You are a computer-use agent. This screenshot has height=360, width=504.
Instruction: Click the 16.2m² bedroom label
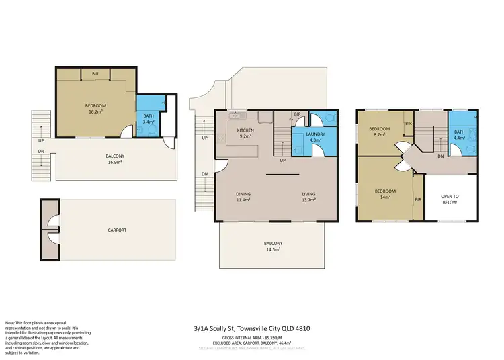click(x=95, y=109)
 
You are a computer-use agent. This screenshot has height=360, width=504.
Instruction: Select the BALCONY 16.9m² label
click(x=115, y=159)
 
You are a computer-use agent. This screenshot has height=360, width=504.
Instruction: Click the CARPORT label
click(x=117, y=230)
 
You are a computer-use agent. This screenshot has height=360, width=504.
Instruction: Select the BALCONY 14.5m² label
click(x=273, y=246)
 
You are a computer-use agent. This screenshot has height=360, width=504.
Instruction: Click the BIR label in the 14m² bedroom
click(x=418, y=199)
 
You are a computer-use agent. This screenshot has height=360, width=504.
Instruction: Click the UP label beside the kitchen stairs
click(x=282, y=161)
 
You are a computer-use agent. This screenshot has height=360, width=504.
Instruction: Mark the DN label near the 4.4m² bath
click(x=439, y=156)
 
